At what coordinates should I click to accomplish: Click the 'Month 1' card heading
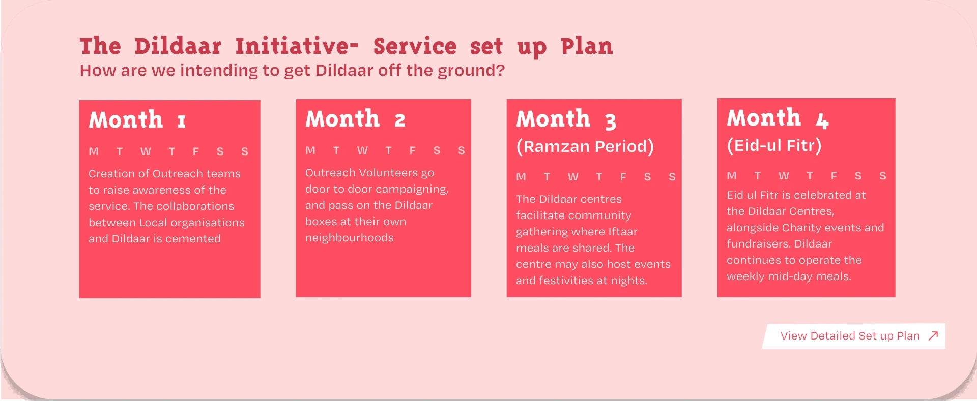tap(137, 120)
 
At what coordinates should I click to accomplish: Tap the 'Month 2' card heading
tap(355, 119)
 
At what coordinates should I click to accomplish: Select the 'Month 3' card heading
tap(566, 119)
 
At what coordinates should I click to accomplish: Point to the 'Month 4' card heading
tap(778, 118)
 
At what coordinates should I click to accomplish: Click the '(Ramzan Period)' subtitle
tap(585, 146)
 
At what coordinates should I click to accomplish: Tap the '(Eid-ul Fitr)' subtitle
tap(774, 145)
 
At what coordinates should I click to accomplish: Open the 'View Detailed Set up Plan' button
tap(854, 336)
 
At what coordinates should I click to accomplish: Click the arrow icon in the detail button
tap(933, 336)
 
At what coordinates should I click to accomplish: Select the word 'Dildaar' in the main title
tap(178, 46)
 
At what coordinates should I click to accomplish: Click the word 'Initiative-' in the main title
tap(297, 46)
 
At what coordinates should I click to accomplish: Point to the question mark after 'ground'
tap(501, 70)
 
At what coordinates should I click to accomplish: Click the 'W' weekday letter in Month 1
tap(146, 151)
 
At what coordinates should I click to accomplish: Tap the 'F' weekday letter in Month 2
tap(413, 150)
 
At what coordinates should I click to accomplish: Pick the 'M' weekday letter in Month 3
tap(521, 177)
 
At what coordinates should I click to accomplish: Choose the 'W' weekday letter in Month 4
tap(784, 176)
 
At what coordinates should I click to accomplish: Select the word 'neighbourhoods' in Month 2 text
tap(350, 238)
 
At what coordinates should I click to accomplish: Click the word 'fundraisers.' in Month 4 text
tap(759, 244)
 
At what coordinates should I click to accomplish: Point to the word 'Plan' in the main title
tap(587, 46)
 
